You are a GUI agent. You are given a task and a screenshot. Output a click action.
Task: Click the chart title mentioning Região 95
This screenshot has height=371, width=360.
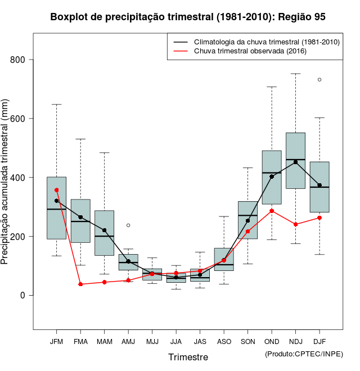pos(188,17)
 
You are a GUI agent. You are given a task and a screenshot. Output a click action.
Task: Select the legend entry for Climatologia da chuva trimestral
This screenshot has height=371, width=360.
pos(266,42)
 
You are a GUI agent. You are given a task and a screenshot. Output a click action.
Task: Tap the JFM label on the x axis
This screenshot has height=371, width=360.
pos(56,341)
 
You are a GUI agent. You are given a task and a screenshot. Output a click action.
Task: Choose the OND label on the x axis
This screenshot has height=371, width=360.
pos(272,341)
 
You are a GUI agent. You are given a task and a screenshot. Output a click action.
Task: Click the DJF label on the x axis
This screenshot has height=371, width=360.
pos(319,341)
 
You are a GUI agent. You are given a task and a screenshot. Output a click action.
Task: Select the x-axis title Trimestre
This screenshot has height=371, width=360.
pos(188,357)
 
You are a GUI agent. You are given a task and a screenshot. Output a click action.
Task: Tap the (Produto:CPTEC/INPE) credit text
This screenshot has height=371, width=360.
pos(304,354)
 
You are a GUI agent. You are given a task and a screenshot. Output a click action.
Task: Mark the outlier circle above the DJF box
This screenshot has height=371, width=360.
pos(319,80)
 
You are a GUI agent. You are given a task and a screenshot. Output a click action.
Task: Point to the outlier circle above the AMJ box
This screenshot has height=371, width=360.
pos(128,225)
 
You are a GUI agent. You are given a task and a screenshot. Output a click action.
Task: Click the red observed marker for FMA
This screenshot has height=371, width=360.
pos(80,284)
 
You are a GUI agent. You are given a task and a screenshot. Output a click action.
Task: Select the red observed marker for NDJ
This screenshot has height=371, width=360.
pos(296,224)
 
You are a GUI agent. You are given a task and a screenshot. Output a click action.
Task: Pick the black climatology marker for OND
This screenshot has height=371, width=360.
pos(272,177)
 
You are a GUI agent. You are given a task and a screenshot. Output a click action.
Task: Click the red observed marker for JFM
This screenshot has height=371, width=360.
pos(56,190)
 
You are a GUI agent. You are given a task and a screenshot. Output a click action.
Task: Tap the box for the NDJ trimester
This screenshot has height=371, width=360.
pos(296,160)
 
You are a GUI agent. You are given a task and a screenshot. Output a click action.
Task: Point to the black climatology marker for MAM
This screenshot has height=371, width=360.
pos(104,230)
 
